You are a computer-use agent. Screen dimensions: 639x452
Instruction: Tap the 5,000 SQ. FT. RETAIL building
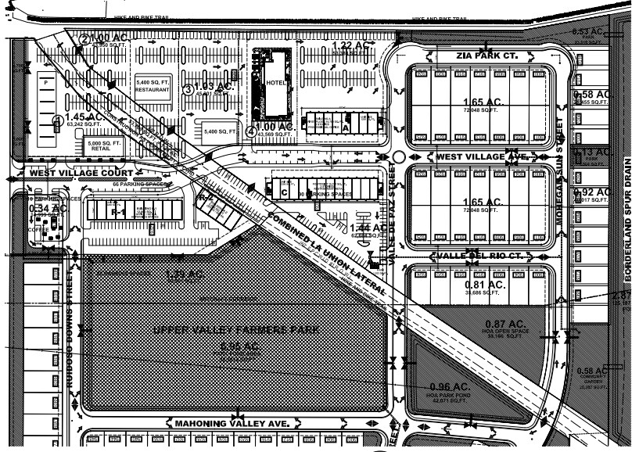point(101,145)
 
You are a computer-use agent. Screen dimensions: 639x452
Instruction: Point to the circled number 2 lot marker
point(84,39)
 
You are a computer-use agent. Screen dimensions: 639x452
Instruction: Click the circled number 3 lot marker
point(188,88)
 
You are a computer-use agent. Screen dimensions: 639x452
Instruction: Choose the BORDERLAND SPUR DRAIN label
point(627,221)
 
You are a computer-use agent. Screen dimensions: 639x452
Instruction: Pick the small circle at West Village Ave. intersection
point(398,157)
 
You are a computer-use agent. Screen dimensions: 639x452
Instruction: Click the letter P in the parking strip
point(45,81)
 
